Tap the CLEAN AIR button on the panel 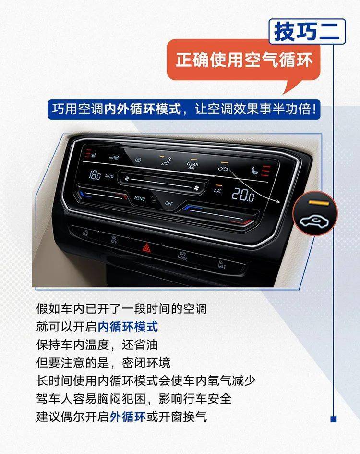[x=192, y=166]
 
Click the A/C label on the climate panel [x=217, y=191]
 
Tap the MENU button [x=140, y=198]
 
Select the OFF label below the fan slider [x=168, y=203]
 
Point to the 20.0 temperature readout [x=243, y=195]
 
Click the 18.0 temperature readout [x=95, y=175]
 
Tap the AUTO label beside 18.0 [x=109, y=176]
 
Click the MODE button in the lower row [x=182, y=256]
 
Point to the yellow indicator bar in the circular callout [x=319, y=203]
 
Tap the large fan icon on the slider [x=197, y=188]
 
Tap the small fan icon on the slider [x=126, y=179]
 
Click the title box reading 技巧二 [x=307, y=32]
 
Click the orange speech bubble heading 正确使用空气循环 [x=244, y=60]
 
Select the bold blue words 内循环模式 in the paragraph [x=128, y=327]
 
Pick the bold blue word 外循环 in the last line [x=128, y=417]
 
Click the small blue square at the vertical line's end [x=334, y=418]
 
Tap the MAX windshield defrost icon [x=114, y=158]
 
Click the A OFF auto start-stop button [x=114, y=240]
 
